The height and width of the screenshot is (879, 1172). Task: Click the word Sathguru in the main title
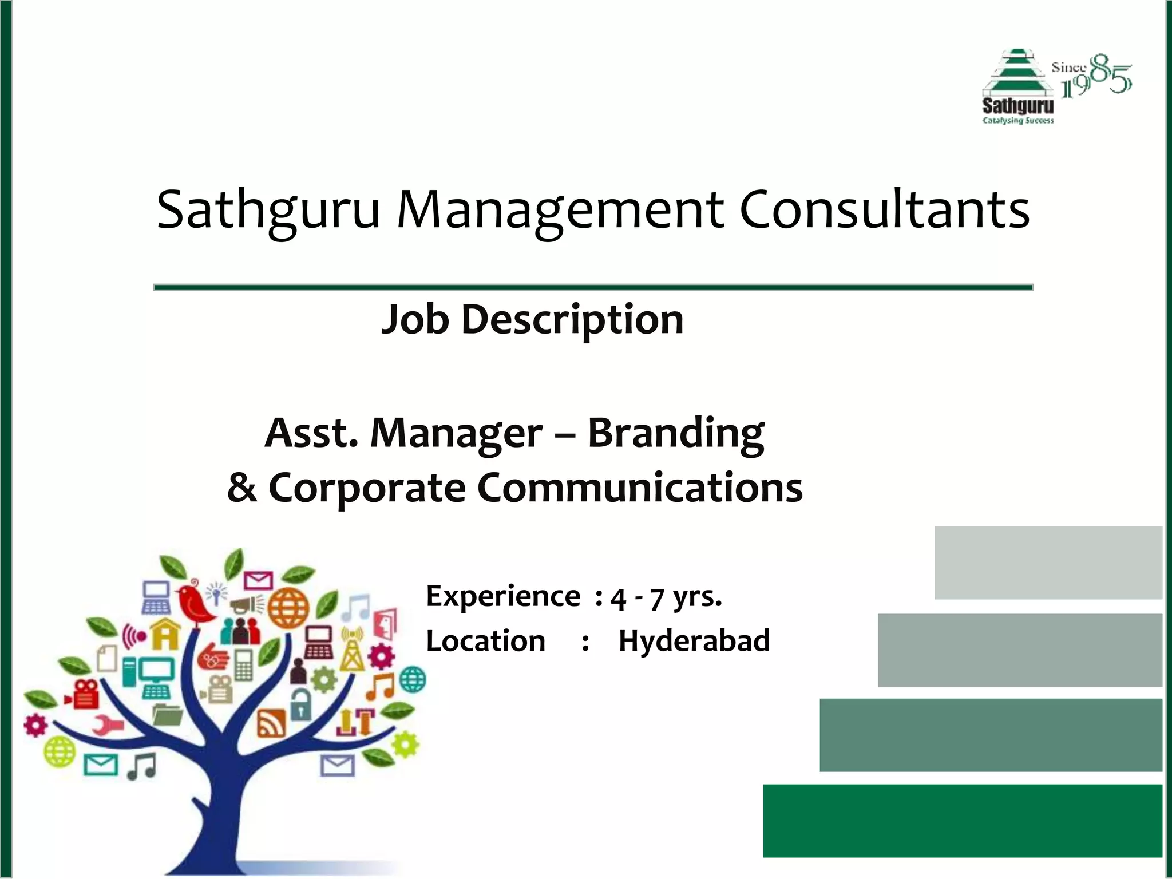[268, 211]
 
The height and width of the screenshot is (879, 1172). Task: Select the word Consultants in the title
[884, 209]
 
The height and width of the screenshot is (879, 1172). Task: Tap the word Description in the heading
[572, 319]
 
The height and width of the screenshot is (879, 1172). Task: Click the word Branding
[675, 433]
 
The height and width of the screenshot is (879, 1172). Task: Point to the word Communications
[639, 488]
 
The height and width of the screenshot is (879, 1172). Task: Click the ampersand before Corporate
[241, 488]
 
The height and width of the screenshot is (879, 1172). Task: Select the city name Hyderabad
[694, 640]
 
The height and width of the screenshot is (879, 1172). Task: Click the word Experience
[503, 596]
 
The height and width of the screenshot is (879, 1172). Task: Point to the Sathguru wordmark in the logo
[1017, 106]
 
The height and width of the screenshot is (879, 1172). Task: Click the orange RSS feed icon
[271, 723]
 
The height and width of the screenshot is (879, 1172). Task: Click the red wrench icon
[108, 724]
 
